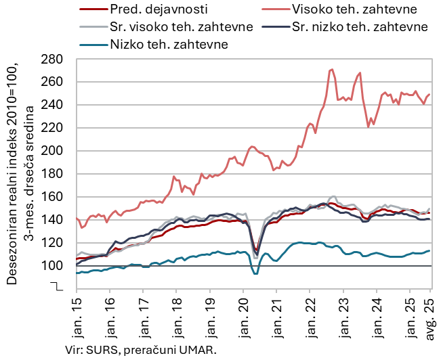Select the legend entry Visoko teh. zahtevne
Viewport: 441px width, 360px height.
[352, 10]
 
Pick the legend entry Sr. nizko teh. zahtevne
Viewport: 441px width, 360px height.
[360, 27]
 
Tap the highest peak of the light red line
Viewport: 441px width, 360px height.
[331, 69]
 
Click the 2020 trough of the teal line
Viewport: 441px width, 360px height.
[255, 273]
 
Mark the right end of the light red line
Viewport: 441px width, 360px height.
[429, 95]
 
